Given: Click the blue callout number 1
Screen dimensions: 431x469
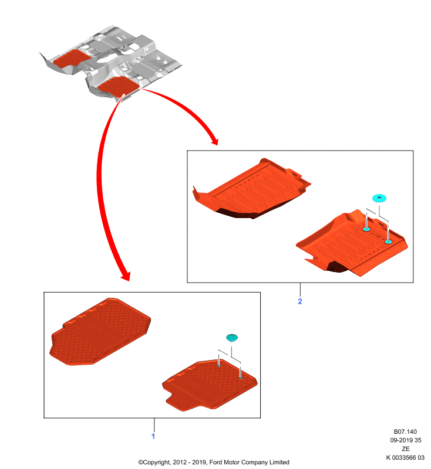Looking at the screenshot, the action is tap(153, 436).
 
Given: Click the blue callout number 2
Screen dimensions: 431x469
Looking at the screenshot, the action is tap(300, 301).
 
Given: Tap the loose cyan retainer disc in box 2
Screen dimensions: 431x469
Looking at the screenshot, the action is tap(379, 198).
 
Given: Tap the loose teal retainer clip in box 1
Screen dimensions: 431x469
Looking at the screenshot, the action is tap(232, 338).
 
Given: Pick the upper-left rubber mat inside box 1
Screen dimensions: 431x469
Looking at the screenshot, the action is tap(100, 331).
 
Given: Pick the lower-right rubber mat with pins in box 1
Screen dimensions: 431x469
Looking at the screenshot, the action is tap(210, 385).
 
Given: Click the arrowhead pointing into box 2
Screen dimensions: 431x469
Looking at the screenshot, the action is tap(214, 141).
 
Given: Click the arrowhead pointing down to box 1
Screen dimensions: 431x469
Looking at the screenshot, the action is tap(126, 276).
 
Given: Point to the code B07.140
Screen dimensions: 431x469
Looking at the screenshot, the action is tap(405, 431).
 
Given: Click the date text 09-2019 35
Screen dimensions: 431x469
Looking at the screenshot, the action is tap(406, 440).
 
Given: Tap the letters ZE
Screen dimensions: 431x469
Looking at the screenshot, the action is tap(406, 448).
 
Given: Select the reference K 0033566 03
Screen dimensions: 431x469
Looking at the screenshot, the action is tap(405, 457).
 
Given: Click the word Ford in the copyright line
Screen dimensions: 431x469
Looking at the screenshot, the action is tap(215, 462).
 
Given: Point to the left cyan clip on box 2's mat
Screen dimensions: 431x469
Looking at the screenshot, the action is tap(366, 229).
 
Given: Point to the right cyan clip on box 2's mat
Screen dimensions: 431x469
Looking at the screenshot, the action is tap(388, 241).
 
